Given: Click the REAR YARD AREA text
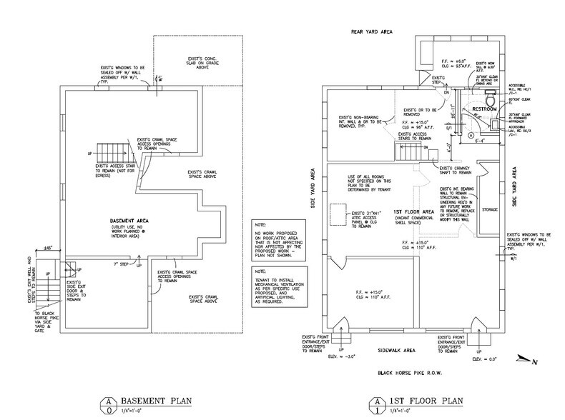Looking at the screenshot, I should pos(370,31).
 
